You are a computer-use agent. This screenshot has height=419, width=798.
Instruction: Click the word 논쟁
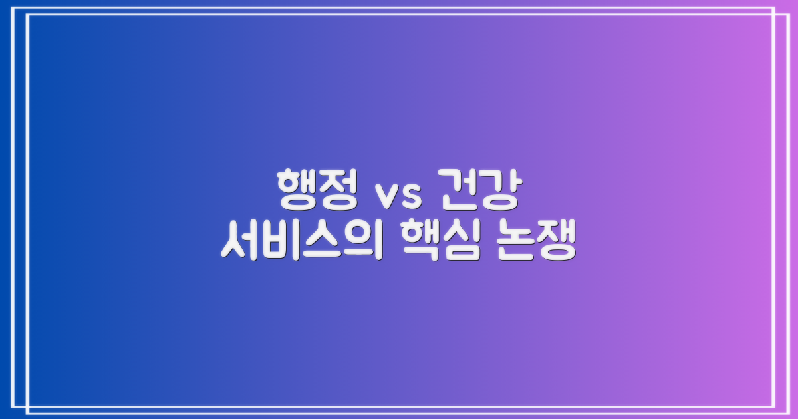tap(535, 242)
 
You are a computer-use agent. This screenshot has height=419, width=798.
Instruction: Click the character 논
tap(514, 242)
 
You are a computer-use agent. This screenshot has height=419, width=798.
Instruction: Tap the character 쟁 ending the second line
tap(556, 242)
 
